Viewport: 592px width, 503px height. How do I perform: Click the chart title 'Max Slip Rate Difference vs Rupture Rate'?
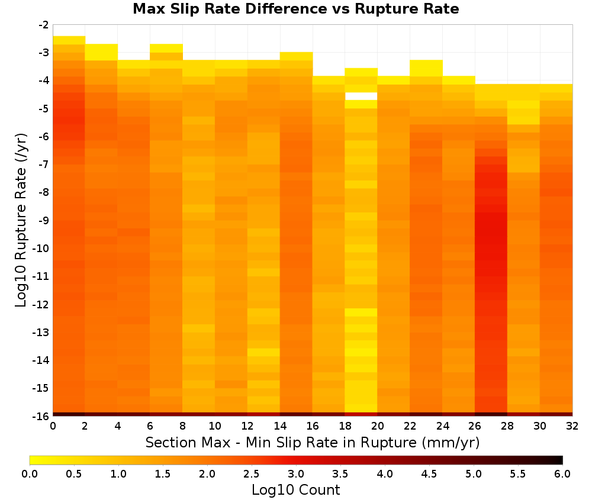pyautogui.click(x=295, y=8)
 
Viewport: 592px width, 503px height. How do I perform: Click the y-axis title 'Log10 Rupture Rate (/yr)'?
pyautogui.click(x=21, y=220)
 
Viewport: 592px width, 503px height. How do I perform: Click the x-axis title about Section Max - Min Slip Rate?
pyautogui.click(x=312, y=442)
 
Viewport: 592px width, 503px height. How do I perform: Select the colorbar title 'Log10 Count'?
pyautogui.click(x=295, y=490)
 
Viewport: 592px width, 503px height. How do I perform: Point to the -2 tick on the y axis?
pyautogui.click(x=44, y=25)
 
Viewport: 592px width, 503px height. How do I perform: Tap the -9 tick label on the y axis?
pyautogui.click(x=44, y=220)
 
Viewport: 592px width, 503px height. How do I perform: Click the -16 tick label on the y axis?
pyautogui.click(x=41, y=416)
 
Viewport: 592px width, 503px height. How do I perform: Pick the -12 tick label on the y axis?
pyautogui.click(x=41, y=304)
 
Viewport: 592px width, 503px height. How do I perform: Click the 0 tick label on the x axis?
pyautogui.click(x=53, y=426)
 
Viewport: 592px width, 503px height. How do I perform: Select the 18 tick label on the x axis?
pyautogui.click(x=345, y=426)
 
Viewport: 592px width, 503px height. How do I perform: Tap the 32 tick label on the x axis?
pyautogui.click(x=572, y=426)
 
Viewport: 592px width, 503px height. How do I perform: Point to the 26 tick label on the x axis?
pyautogui.click(x=475, y=426)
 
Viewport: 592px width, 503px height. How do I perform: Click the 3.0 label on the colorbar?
pyautogui.click(x=295, y=473)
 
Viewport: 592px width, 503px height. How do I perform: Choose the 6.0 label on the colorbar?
pyautogui.click(x=562, y=473)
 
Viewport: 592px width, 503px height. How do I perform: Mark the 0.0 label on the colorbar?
pyautogui.click(x=30, y=473)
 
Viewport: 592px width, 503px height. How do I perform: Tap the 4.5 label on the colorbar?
pyautogui.click(x=429, y=473)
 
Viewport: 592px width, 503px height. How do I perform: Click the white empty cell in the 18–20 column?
pyautogui.click(x=361, y=96)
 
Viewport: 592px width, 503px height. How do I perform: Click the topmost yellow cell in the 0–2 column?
pyautogui.click(x=69, y=40)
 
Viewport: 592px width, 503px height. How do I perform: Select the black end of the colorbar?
pyautogui.click(x=559, y=460)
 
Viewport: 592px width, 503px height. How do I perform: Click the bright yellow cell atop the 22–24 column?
pyautogui.click(x=426, y=68)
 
